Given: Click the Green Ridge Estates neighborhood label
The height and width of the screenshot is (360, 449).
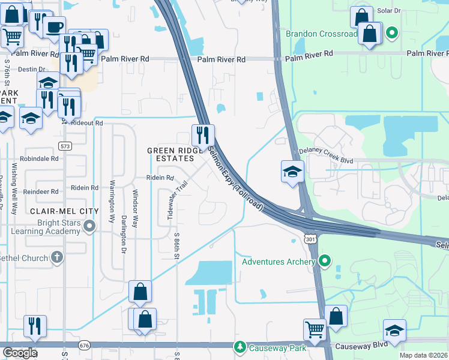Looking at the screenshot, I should click(x=171, y=154).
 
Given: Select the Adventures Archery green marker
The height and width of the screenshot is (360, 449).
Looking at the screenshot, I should click(x=325, y=261).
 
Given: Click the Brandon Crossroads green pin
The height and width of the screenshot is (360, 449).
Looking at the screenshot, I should click(x=391, y=33).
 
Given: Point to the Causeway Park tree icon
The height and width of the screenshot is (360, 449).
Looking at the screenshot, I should click(x=240, y=347).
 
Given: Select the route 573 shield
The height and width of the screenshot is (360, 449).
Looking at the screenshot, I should click(x=65, y=146).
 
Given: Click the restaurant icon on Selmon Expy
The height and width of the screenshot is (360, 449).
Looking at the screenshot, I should click(x=203, y=135).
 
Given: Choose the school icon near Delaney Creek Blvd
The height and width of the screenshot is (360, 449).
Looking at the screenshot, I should click(x=292, y=172).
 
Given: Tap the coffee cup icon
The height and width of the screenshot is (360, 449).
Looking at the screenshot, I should click(x=56, y=27).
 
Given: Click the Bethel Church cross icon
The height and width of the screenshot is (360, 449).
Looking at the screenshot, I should click(x=56, y=258).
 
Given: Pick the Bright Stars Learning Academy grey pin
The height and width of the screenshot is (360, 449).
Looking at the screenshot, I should click(x=89, y=226).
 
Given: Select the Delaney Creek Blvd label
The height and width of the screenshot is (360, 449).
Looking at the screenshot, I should click(x=326, y=160).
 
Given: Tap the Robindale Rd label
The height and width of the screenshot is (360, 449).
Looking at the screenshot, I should click(x=38, y=160).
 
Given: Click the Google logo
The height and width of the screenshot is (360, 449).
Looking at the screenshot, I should click(x=20, y=353).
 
